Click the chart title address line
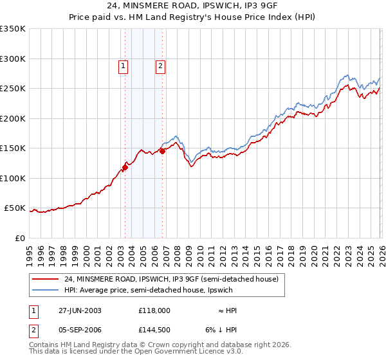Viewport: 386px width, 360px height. point(192,6)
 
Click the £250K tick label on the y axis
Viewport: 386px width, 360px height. point(13,89)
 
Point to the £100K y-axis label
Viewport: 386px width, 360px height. point(13,179)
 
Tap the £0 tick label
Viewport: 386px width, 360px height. point(20,239)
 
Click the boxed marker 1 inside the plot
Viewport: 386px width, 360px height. point(122,65)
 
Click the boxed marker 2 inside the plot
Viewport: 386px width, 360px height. point(160,65)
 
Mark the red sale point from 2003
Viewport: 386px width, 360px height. point(125,167)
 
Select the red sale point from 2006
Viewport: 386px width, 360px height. point(162,152)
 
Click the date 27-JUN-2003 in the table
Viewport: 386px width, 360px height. point(80,310)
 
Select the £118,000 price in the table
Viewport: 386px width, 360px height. point(154,310)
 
